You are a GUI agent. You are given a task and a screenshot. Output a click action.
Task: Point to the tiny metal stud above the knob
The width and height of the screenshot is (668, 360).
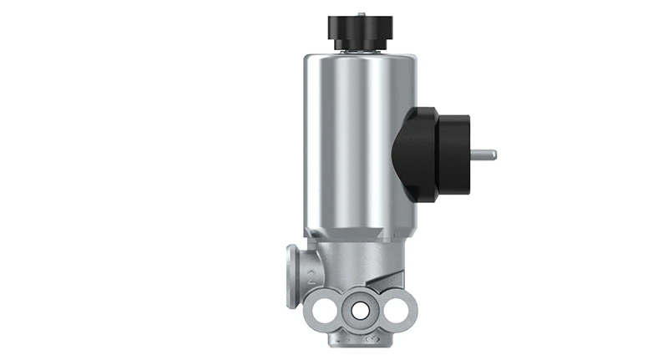[362, 13]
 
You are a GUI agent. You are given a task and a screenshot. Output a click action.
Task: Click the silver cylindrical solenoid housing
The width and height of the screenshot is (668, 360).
[351, 142]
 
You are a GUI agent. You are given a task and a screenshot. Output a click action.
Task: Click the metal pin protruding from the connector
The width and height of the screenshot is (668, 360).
[484, 155]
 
